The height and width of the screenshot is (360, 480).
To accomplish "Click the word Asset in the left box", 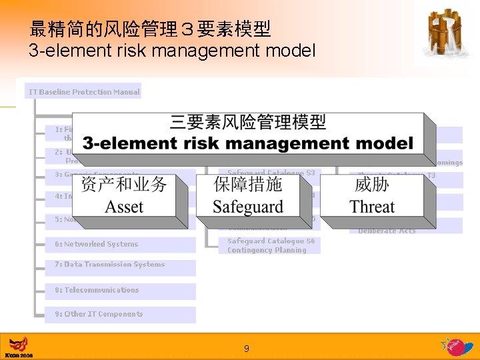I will pyautogui.click(x=124, y=207).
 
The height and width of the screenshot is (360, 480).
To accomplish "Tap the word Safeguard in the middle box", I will pyautogui.click(x=248, y=207).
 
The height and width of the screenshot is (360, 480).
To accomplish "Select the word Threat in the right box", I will pyautogui.click(x=372, y=207).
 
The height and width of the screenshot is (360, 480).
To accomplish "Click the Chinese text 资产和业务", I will pyautogui.click(x=124, y=185).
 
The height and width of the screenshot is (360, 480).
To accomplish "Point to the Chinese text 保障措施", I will pyautogui.click(x=248, y=185).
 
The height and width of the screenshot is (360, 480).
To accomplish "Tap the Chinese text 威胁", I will pyautogui.click(x=372, y=185).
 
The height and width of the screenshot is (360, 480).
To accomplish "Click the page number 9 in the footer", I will pyautogui.click(x=247, y=348).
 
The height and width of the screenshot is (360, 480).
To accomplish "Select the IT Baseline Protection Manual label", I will pyautogui.click(x=84, y=92).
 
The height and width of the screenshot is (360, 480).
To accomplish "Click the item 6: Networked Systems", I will pyautogui.click(x=97, y=245).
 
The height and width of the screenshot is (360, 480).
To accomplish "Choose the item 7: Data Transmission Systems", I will pyautogui.click(x=109, y=265).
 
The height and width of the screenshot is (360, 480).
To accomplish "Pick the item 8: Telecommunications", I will pyautogui.click(x=97, y=290).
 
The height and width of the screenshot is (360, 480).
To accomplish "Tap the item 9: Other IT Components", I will pyautogui.click(x=99, y=314).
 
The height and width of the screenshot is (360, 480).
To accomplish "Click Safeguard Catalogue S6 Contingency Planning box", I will pyautogui.click(x=270, y=245).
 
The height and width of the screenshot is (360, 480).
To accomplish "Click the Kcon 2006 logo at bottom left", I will pyautogui.click(x=19, y=347).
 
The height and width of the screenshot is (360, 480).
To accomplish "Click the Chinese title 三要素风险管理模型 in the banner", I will pyautogui.click(x=248, y=122).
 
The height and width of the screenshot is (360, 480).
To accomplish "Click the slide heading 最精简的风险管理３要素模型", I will pyautogui.click(x=151, y=29).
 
